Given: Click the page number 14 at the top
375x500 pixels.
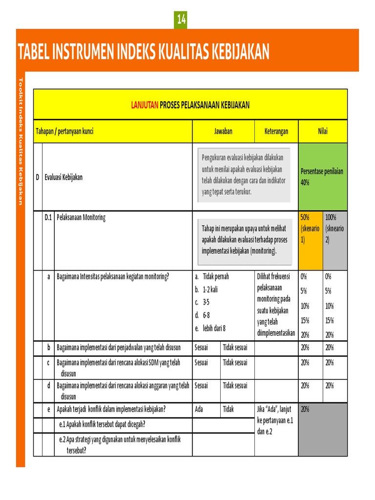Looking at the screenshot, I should [x=181, y=20].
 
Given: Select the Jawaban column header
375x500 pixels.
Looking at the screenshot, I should [x=223, y=131].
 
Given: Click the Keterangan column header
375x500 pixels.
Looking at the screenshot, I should [x=276, y=131].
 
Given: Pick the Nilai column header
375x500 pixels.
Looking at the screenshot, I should [x=322, y=131].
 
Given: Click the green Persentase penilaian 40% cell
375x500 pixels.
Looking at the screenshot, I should [x=322, y=177].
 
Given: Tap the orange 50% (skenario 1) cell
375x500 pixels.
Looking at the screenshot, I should [x=310, y=229].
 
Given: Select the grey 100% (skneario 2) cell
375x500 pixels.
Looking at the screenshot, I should [x=334, y=229].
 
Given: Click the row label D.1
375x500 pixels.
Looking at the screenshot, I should [x=48, y=218].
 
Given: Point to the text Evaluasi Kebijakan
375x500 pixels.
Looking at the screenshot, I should [x=63, y=177].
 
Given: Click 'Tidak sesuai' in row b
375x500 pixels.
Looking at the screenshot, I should [x=235, y=348].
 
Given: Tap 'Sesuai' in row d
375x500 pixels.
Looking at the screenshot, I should [x=201, y=386].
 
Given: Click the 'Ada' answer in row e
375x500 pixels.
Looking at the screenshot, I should [x=199, y=409].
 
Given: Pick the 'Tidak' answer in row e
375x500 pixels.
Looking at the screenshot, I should [x=229, y=409].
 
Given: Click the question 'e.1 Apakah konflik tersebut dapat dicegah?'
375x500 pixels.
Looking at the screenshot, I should [x=102, y=424].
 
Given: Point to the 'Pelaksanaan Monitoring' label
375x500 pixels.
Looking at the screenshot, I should [x=81, y=218].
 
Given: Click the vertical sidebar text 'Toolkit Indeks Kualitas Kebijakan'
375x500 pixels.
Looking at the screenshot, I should [x=21, y=141].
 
